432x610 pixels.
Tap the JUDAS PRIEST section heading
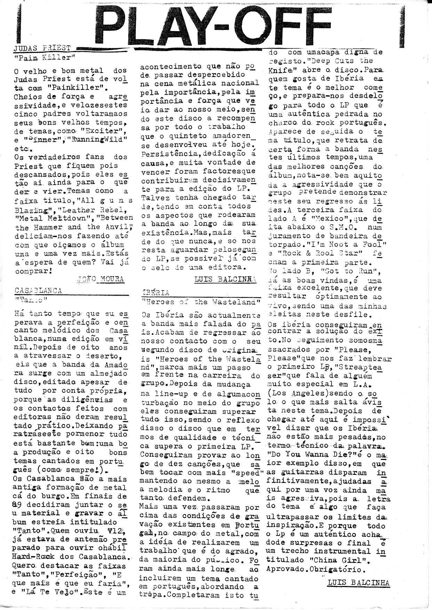click(42, 48)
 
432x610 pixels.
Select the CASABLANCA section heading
click(38, 290)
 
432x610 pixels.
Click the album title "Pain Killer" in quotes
click(45, 57)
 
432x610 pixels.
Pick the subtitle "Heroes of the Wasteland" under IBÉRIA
click(201, 302)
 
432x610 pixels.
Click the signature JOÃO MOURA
click(101, 279)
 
